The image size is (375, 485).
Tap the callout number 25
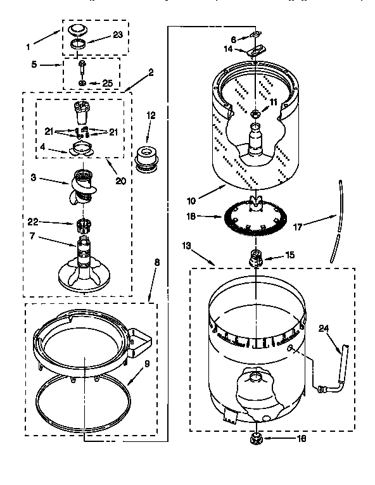(x=108, y=84)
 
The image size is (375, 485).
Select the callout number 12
(x=151, y=115)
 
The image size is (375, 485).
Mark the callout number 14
(x=228, y=48)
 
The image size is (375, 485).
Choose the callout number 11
(x=274, y=101)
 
